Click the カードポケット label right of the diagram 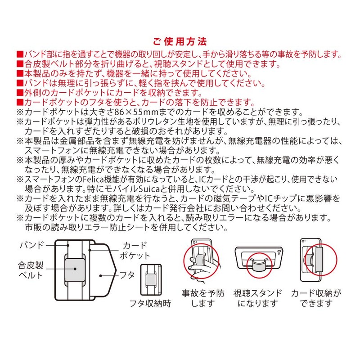(135, 250)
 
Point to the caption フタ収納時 (150, 303)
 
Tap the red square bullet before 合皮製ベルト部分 (19, 64)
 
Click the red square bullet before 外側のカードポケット (19, 93)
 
